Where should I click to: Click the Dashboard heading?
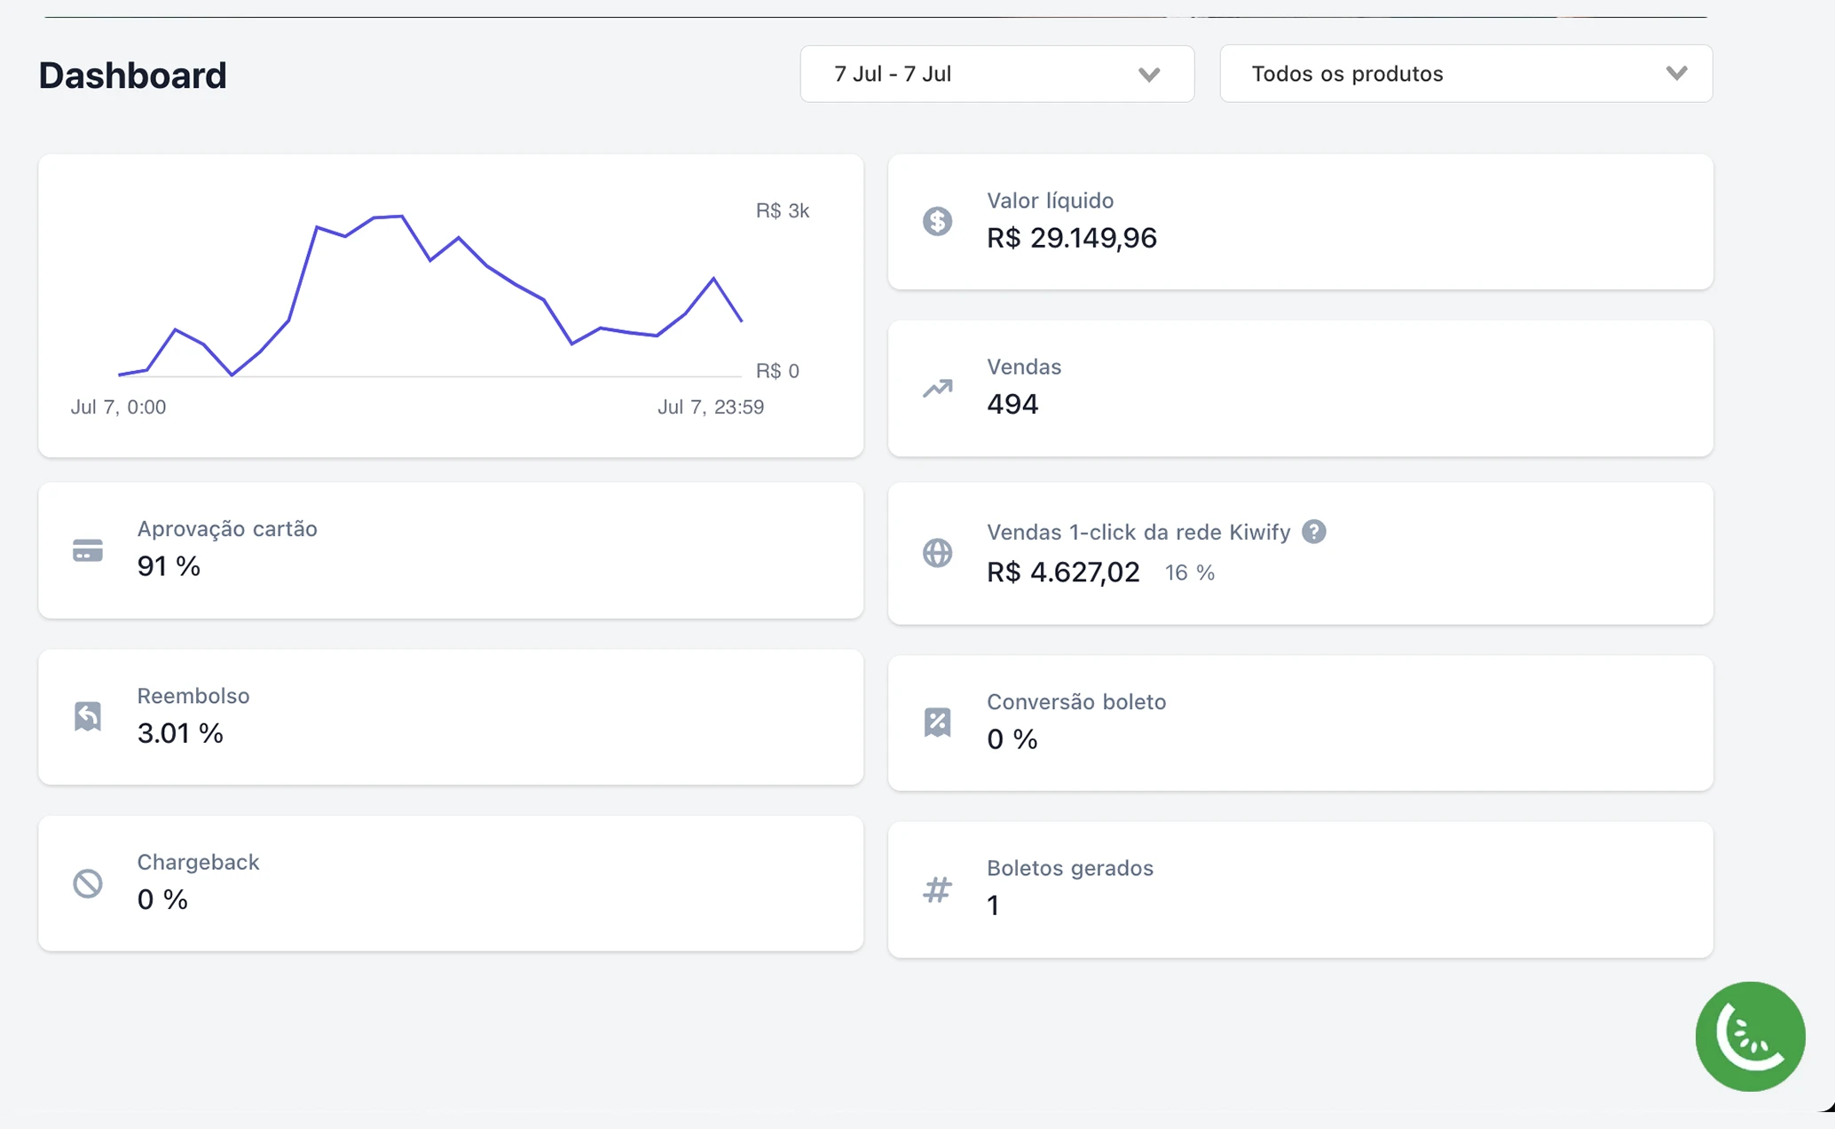pos(132,75)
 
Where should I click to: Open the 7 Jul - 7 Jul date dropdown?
pos(996,74)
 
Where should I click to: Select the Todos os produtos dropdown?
pos(1465,74)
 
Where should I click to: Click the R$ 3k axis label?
pos(782,210)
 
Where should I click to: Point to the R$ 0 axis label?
pos(777,370)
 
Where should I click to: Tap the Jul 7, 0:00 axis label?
pos(118,407)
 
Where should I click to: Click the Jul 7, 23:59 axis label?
pos(710,407)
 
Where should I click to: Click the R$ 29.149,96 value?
pos(1071,238)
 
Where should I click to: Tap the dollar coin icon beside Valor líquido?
pos(937,221)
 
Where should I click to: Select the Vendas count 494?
pos(1012,404)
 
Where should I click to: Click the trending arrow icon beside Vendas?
pos(937,388)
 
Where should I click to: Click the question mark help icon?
pos(1314,532)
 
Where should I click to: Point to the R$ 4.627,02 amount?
pos(1063,572)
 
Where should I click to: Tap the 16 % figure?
pos(1189,572)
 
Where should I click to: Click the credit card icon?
pos(88,550)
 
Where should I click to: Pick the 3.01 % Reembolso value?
pos(180,733)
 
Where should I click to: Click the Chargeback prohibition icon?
pos(88,883)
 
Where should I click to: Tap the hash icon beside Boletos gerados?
pos(937,889)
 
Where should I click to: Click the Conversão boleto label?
pos(1075,701)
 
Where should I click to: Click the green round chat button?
pos(1750,1036)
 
